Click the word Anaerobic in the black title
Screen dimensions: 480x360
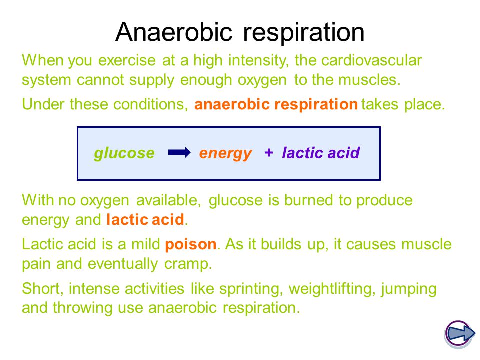point(174,32)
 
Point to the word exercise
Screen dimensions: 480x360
point(127,60)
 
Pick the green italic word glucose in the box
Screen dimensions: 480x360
point(124,153)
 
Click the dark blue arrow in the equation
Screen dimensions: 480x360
point(179,152)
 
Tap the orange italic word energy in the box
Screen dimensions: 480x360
point(225,153)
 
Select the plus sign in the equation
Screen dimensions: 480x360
point(269,152)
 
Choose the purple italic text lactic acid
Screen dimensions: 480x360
point(321,153)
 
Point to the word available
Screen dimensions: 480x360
point(168,201)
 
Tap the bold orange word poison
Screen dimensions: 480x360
point(190,244)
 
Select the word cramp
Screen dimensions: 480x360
point(188,264)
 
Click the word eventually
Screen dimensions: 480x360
point(123,264)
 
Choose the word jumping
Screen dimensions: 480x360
point(409,289)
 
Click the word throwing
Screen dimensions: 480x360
point(82,308)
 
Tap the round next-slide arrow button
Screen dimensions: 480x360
point(459,333)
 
